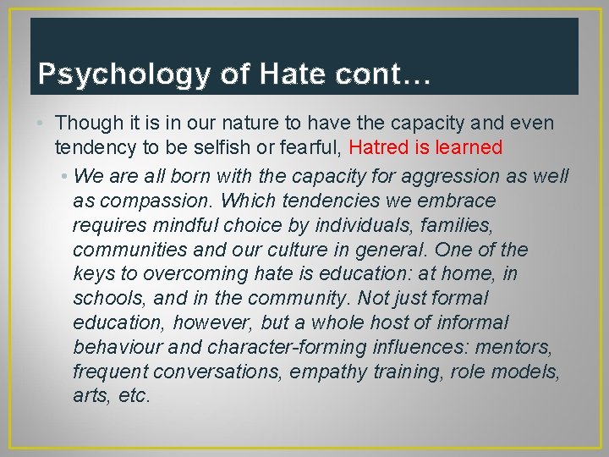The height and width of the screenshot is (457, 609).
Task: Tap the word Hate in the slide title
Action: (289, 74)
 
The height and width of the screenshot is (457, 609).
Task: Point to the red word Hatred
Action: (379, 148)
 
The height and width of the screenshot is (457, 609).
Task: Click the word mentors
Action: (524, 348)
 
